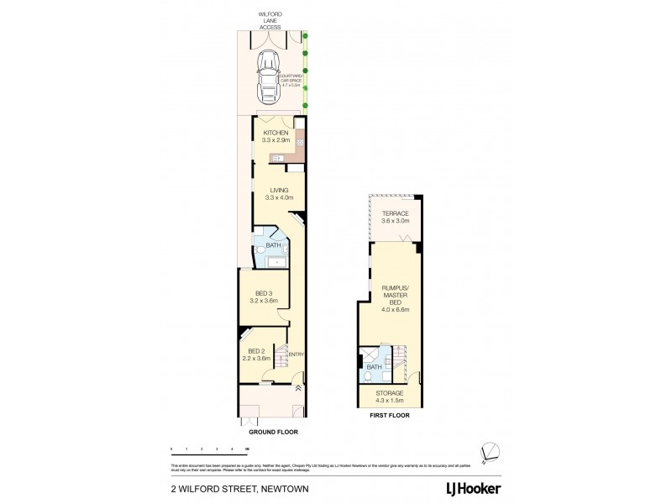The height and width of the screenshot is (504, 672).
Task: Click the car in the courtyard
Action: pyautogui.click(x=270, y=74)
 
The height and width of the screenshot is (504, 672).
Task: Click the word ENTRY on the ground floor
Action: pyautogui.click(x=296, y=354)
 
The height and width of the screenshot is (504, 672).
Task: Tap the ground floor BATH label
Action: pyautogui.click(x=272, y=245)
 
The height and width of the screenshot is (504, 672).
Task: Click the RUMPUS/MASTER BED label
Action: pyautogui.click(x=395, y=298)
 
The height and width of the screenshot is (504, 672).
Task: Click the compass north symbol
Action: pyautogui.click(x=490, y=451)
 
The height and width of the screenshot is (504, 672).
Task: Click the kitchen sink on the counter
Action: pyautogui.click(x=276, y=157)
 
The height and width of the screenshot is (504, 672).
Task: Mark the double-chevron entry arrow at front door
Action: pyautogui.click(x=298, y=388)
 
